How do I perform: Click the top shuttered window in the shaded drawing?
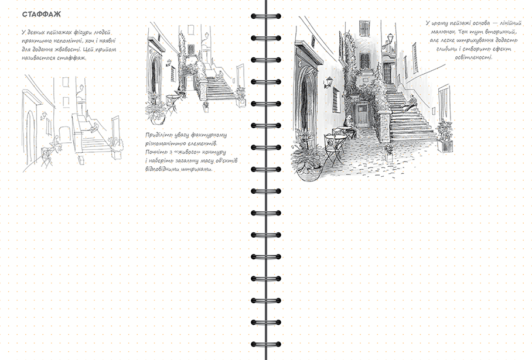click(364, 28)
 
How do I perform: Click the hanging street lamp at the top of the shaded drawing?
click(391, 39)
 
